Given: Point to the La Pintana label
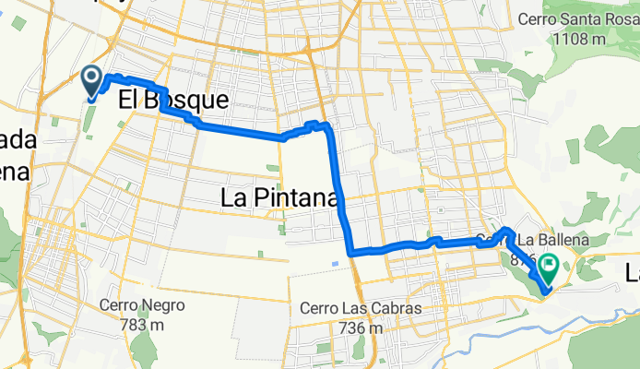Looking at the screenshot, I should coord(281,196).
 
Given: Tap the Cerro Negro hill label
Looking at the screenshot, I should coord(145,305).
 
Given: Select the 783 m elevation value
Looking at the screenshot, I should coord(145,324).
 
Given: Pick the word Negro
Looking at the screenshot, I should coord(164,305).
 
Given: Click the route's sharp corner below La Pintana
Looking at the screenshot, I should coord(350,251).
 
